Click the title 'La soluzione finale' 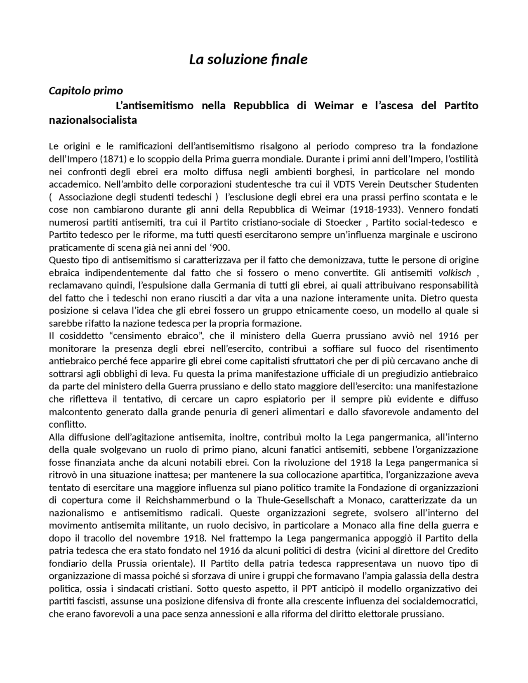click(248, 60)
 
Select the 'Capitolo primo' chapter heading click(86, 90)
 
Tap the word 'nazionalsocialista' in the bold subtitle click(93, 121)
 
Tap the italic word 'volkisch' click(455, 273)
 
